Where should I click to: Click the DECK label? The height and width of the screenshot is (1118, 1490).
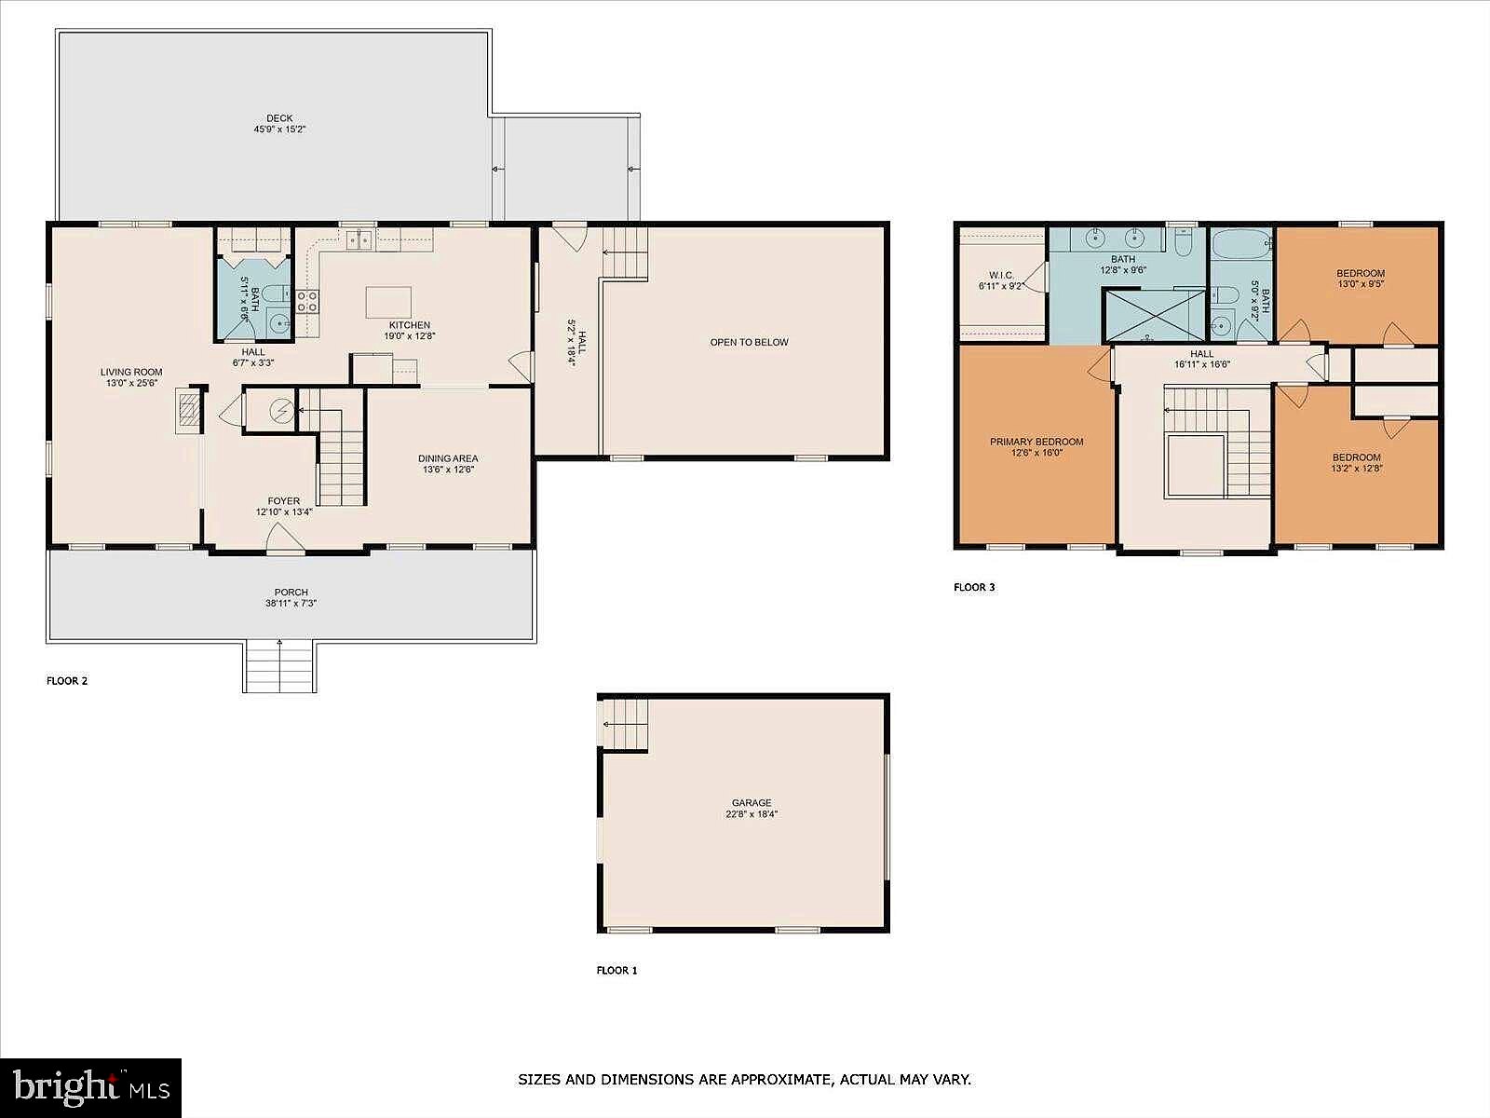click(x=279, y=118)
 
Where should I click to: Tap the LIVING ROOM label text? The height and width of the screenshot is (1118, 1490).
click(x=131, y=372)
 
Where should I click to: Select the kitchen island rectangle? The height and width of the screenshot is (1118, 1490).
click(x=388, y=302)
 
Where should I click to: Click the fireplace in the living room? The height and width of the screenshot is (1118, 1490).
click(x=189, y=410)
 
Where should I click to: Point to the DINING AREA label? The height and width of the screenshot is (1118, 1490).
click(x=448, y=459)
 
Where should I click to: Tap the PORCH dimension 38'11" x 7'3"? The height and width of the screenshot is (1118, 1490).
click(x=291, y=604)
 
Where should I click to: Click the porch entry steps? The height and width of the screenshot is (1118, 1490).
click(x=279, y=666)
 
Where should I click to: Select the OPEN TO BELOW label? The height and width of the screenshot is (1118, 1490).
click(x=750, y=342)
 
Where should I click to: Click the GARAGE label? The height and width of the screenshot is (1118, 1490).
click(x=752, y=802)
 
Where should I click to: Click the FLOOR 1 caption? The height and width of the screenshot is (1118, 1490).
click(x=617, y=971)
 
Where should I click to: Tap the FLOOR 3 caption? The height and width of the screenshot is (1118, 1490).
click(x=974, y=587)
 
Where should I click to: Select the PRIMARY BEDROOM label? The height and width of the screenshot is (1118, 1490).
click(x=1036, y=442)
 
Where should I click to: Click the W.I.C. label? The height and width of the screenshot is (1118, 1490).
click(x=1001, y=276)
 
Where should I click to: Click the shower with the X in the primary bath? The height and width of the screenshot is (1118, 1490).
click(x=1155, y=315)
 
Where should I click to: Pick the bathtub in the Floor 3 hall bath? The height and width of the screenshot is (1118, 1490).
click(x=1241, y=244)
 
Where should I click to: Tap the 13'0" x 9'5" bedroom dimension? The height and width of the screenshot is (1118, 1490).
click(x=1361, y=284)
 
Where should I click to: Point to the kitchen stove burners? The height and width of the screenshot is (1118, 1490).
click(x=306, y=301)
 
